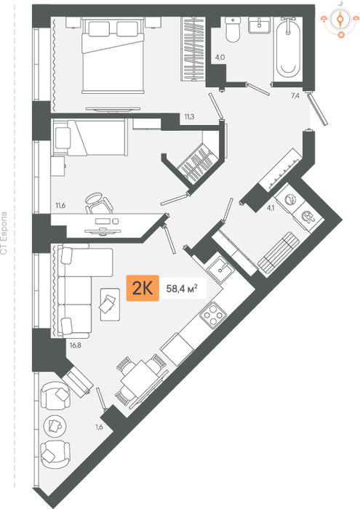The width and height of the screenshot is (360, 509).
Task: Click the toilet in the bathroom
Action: (233, 30)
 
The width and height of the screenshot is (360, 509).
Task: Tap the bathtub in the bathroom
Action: (288, 48)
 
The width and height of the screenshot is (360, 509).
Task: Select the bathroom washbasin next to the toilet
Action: (259, 25)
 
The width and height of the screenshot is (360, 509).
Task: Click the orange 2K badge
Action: (143, 288)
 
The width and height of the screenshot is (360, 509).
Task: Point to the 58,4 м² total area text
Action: (182, 288)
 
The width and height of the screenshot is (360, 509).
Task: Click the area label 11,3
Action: (189, 117)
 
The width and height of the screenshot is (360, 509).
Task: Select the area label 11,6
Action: (60, 205)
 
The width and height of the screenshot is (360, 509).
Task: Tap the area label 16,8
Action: (76, 345)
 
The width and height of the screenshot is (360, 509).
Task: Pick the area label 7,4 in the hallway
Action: (295, 95)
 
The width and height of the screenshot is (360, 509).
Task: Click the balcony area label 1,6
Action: (100, 428)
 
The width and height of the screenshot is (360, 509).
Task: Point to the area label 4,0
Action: (220, 57)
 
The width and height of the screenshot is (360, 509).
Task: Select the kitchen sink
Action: (220, 270)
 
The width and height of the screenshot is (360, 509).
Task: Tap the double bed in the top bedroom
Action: (113, 55)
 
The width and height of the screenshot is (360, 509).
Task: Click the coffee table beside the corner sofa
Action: (110, 304)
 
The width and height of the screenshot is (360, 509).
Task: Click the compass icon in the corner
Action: (340, 20)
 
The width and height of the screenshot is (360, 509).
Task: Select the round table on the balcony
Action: (55, 425)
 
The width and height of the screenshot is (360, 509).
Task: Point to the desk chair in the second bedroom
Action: (99, 204)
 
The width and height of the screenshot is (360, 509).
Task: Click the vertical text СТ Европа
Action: (4, 233)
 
